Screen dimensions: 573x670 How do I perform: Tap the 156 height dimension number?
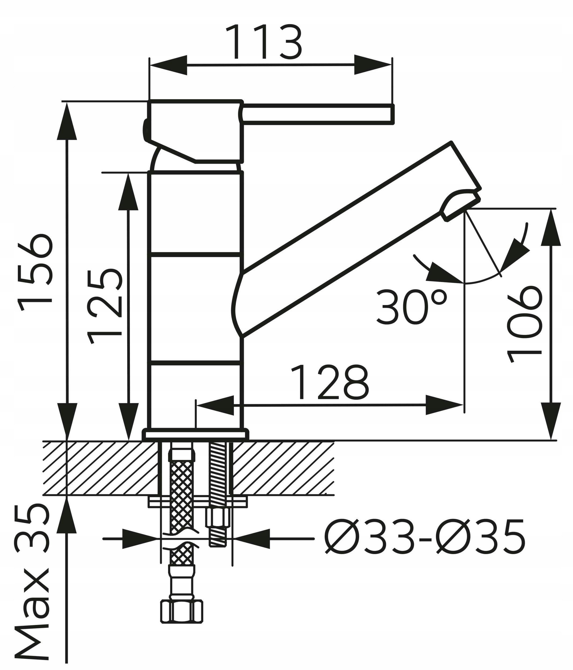pos(35,272)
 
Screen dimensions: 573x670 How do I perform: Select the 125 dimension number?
pos(104,306)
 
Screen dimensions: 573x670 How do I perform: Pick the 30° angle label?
pos(412,307)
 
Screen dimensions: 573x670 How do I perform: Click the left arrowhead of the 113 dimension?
pos(169,65)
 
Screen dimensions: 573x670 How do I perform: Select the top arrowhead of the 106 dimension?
pos(551,227)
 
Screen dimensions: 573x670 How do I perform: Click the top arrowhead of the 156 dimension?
pos(67,121)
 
